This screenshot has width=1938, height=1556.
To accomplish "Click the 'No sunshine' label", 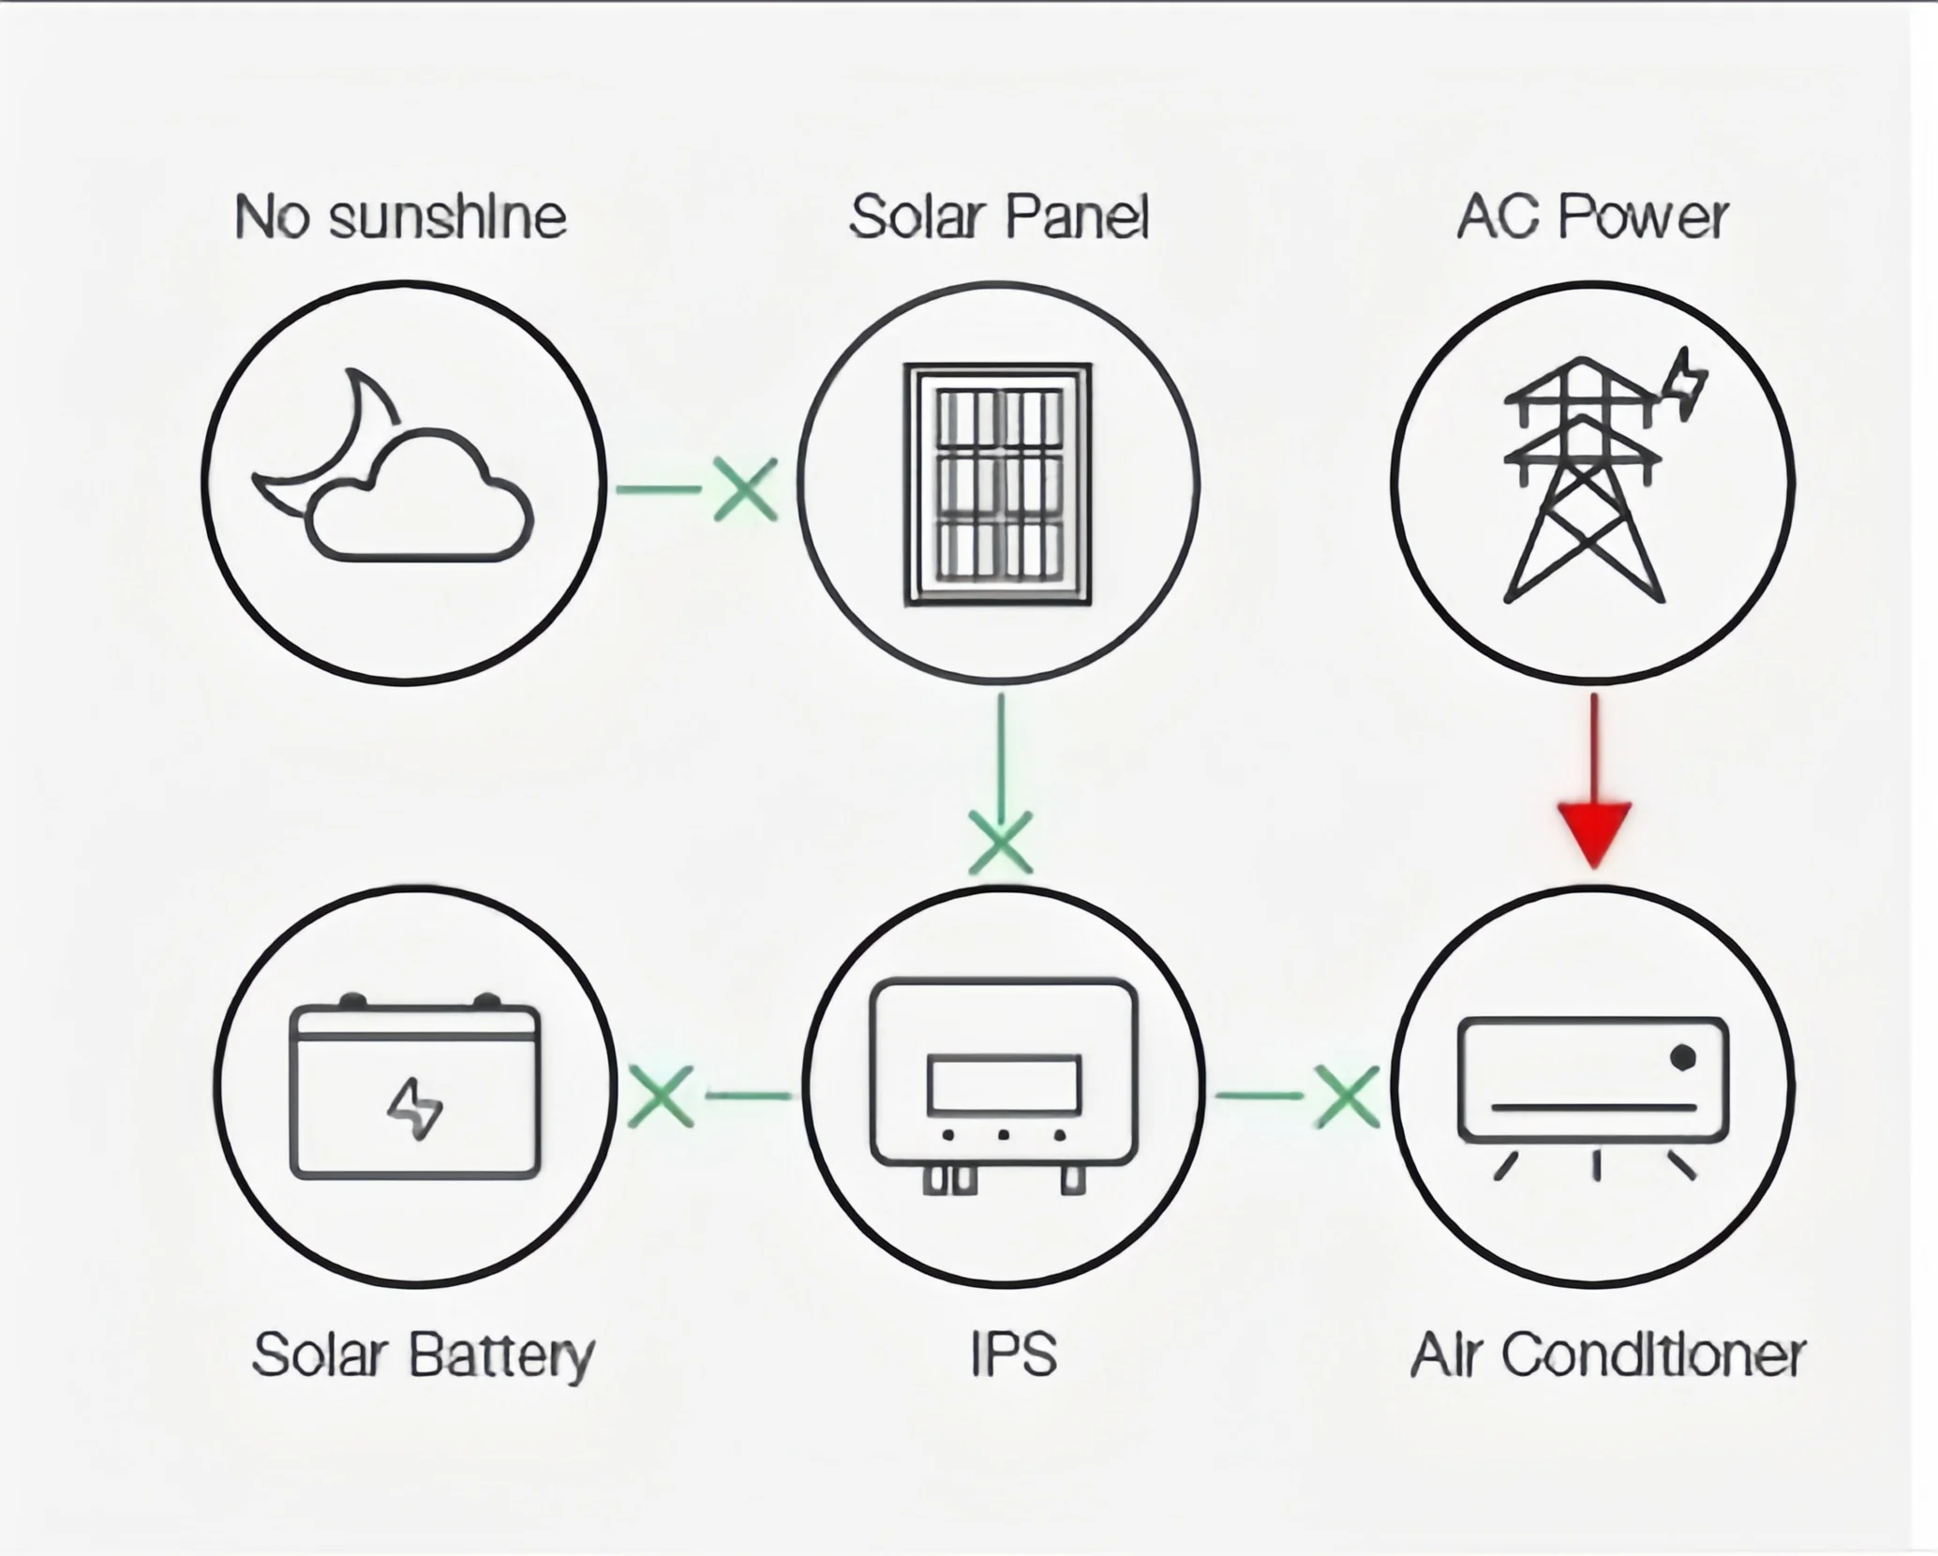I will pyautogui.click(x=401, y=217).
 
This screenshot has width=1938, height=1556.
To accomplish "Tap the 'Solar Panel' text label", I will pyautogui.click(x=999, y=217).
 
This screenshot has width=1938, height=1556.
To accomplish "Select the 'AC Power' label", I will pyautogui.click(x=1592, y=217).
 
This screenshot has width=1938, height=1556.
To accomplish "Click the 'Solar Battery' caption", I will pyautogui.click(x=424, y=1355).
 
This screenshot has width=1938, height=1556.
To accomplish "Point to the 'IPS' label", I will pyautogui.click(x=1014, y=1355).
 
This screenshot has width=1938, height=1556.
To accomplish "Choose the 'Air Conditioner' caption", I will pyautogui.click(x=1608, y=1355).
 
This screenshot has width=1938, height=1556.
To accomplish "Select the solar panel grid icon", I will pyautogui.click(x=999, y=485).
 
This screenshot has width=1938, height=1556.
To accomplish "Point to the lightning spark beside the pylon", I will pyautogui.click(x=1688, y=385).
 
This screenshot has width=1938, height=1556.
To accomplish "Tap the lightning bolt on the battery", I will pyautogui.click(x=415, y=1108).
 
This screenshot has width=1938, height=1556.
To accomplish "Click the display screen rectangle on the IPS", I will pyautogui.click(x=1004, y=1085).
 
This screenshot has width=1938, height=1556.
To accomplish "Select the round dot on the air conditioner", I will pyautogui.click(x=1683, y=1058).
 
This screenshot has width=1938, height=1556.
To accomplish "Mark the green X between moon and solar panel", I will pyautogui.click(x=746, y=488).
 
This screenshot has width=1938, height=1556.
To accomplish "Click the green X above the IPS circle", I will pyautogui.click(x=1001, y=842).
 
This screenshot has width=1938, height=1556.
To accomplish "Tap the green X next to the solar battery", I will pyautogui.click(x=661, y=1095).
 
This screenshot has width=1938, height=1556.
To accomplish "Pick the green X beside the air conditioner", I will pyautogui.click(x=1348, y=1095).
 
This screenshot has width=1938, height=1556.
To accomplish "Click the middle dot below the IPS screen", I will pyautogui.click(x=1004, y=1135).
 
